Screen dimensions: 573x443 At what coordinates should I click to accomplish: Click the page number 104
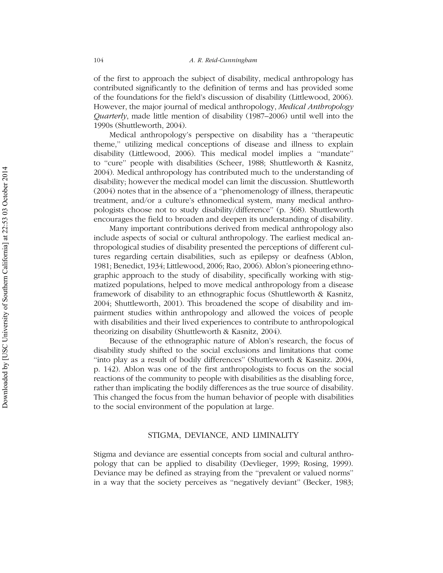point(99,60)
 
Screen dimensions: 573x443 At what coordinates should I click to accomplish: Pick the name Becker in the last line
point(317,482)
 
